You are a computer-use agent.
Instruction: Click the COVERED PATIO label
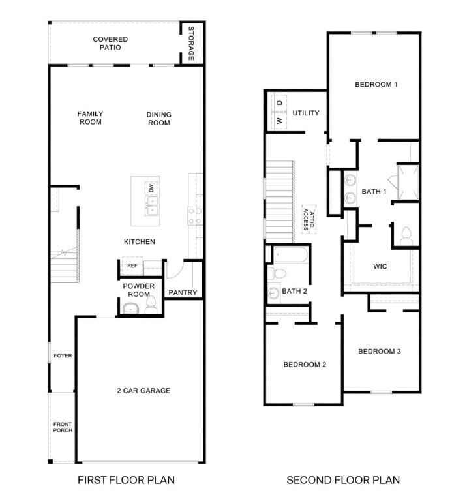(x=110, y=43)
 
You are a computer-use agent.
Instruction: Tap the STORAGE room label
(x=191, y=44)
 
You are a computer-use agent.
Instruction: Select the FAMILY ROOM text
(x=91, y=117)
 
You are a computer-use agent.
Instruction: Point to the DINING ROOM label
(x=158, y=118)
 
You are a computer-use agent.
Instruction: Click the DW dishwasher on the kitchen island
(x=151, y=188)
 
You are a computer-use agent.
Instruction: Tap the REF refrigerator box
(x=132, y=265)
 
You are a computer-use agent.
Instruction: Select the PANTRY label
(x=183, y=293)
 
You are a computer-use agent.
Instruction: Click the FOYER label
(x=63, y=355)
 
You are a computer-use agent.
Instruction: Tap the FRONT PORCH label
(x=63, y=427)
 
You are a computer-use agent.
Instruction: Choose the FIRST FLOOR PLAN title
(x=126, y=481)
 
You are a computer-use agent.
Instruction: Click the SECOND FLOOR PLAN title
(x=343, y=481)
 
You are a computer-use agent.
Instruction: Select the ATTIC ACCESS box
(x=308, y=220)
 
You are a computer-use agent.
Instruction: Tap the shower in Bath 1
(x=407, y=183)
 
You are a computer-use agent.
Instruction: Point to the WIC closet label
(x=380, y=266)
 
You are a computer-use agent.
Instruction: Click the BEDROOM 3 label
(x=379, y=352)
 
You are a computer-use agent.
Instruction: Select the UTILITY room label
(x=306, y=113)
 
